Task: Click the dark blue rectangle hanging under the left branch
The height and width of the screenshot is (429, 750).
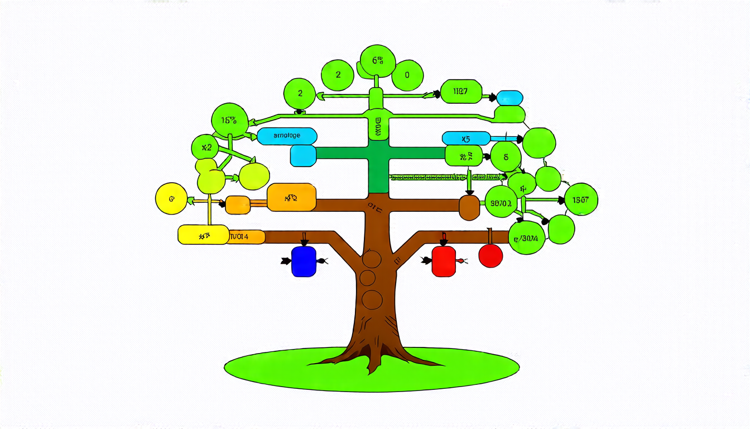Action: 304,261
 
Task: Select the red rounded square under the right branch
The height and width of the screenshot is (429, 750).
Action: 444,261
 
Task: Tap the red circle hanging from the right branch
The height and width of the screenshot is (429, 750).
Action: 491,255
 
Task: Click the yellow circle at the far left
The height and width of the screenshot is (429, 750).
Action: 171,198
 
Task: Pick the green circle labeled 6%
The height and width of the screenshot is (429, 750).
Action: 378,60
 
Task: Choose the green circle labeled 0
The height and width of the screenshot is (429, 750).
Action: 407,75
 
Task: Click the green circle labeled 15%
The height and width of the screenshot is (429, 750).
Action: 229,120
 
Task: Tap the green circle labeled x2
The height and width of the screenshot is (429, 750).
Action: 205,148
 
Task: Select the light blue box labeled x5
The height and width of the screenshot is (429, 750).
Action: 466,138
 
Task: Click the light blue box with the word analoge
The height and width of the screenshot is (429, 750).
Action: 287,136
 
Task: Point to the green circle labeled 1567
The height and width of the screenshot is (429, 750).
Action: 581,199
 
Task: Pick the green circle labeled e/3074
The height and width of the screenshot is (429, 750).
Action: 527,238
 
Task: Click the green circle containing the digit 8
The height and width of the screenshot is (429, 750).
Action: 506,157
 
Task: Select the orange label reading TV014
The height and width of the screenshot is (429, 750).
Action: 246,236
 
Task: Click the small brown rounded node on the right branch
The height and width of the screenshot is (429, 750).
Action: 469,207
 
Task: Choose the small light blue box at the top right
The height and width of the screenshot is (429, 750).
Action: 509,98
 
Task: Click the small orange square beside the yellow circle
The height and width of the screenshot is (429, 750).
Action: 237,205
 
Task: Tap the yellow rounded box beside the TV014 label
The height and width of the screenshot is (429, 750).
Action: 203,235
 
